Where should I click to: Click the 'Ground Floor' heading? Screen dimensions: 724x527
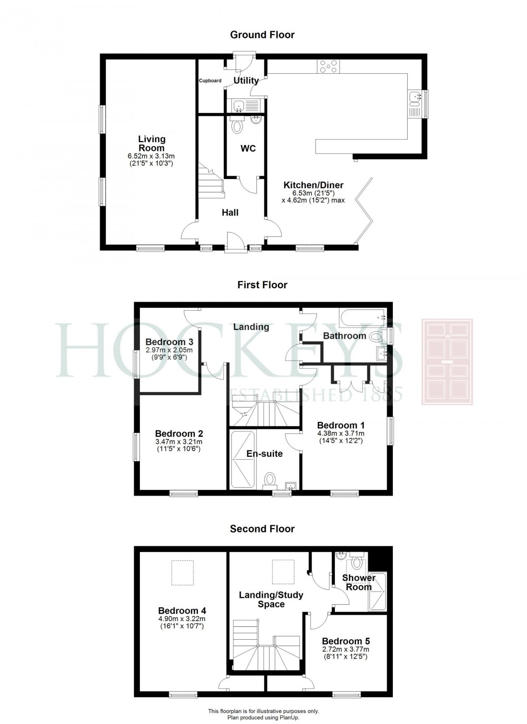(x=262, y=34)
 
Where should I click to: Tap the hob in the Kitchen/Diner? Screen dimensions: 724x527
(x=327, y=66)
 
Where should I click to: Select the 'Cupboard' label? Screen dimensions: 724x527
(x=210, y=80)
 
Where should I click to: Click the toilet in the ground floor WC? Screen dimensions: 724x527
(x=237, y=126)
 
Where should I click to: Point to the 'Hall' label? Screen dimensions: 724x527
(x=230, y=213)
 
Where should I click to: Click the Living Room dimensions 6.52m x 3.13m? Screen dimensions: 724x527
(x=151, y=156)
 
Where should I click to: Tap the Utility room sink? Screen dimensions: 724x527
(x=238, y=105)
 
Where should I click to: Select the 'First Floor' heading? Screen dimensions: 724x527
(x=262, y=285)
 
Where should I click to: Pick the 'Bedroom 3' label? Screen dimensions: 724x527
(x=169, y=342)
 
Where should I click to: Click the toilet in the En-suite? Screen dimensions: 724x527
(x=270, y=479)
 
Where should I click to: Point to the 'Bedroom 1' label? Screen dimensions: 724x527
(x=341, y=425)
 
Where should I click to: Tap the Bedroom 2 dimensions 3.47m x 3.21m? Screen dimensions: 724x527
(x=179, y=442)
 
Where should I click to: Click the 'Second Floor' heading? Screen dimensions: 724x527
(x=262, y=529)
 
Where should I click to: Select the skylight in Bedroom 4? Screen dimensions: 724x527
(x=182, y=573)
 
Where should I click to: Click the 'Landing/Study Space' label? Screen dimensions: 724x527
(x=271, y=600)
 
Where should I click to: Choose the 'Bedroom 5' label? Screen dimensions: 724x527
(x=345, y=641)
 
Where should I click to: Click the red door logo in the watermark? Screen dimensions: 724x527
(x=447, y=362)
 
